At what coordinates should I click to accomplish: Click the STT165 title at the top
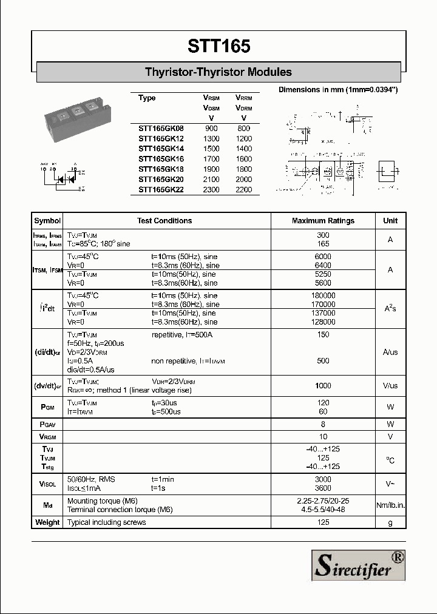218,47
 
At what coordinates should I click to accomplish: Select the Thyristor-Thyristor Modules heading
218,72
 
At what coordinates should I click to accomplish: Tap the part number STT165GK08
160,129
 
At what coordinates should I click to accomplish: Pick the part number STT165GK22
160,189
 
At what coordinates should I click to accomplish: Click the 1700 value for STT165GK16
211,159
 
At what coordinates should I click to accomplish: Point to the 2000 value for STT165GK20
244,179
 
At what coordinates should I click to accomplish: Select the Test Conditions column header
164,221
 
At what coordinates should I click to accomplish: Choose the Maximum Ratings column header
323,221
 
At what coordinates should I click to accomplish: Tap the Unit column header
390,221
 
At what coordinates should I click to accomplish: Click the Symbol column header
47,221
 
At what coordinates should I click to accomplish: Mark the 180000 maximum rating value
323,295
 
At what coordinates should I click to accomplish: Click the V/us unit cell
390,386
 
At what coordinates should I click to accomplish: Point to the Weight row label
47,522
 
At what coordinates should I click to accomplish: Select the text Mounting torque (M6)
102,501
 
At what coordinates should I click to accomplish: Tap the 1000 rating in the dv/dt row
323,386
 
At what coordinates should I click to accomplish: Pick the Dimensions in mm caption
337,90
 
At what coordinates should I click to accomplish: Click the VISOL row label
47,484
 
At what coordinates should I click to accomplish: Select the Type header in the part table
147,98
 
